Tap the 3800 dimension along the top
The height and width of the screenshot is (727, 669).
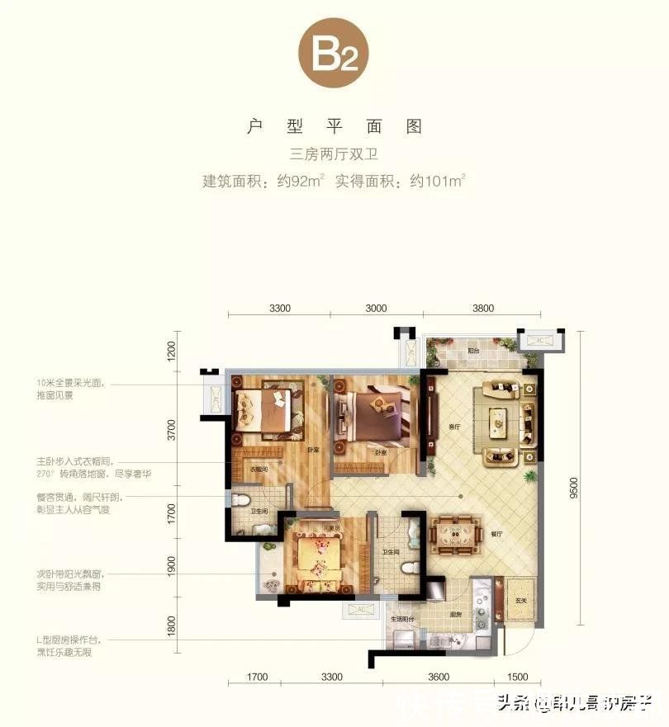click(x=483, y=308)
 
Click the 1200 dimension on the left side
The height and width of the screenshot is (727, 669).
click(x=172, y=350)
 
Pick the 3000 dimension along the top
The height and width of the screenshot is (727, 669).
click(x=376, y=308)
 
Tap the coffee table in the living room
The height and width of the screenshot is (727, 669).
click(x=497, y=422)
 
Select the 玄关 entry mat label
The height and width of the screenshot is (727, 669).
click(x=520, y=601)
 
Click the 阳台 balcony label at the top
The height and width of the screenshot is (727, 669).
click(x=473, y=350)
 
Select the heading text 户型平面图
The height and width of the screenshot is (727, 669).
click(x=334, y=126)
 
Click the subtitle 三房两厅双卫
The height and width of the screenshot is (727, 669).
click(x=334, y=154)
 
